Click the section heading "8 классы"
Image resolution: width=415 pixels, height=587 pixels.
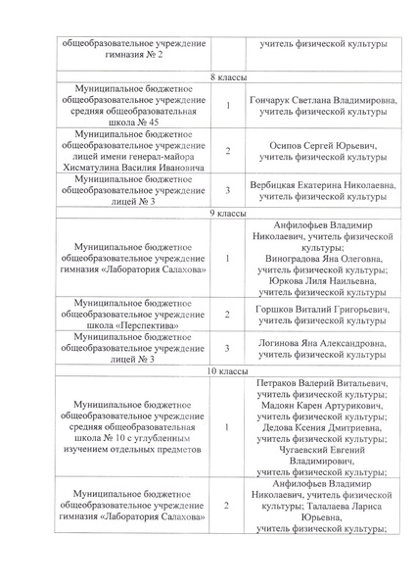pyautogui.click(x=228, y=77)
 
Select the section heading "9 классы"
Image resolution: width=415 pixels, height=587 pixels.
pyautogui.click(x=228, y=213)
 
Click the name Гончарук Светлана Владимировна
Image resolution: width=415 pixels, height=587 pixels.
pyautogui.click(x=323, y=101)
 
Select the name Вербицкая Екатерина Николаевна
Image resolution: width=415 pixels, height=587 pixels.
pyautogui.click(x=323, y=185)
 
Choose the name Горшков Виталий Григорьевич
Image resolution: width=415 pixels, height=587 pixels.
pyautogui.click(x=323, y=310)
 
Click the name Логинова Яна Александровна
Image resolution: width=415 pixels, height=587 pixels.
pyautogui.click(x=323, y=344)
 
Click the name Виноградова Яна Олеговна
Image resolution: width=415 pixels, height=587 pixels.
pyautogui.click(x=323, y=259)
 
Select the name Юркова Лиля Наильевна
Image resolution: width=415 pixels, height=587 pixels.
pyautogui.click(x=323, y=280)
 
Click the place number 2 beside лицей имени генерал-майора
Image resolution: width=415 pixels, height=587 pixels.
pyautogui.click(x=227, y=151)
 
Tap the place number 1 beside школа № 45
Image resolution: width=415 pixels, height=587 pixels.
pyautogui.click(x=227, y=106)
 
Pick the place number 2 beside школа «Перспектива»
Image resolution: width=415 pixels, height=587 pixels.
pyautogui.click(x=227, y=315)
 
